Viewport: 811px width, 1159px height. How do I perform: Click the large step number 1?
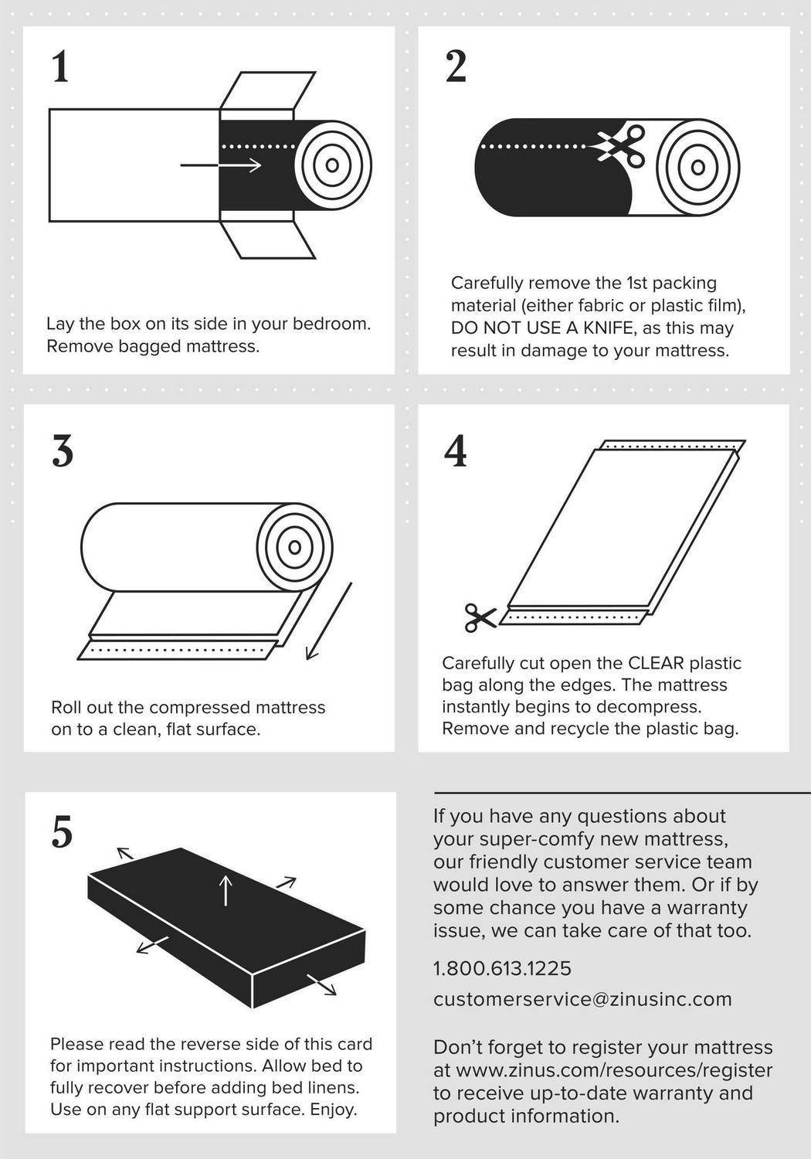click(x=61, y=66)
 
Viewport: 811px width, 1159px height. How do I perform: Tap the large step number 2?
click(x=456, y=66)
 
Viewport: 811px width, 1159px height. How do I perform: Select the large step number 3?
click(x=63, y=450)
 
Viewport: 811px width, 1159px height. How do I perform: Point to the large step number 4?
click(x=455, y=450)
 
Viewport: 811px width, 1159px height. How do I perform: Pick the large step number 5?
click(x=62, y=831)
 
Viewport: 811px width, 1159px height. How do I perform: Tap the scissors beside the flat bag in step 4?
click(x=480, y=618)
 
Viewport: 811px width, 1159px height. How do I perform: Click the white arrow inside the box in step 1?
click(x=221, y=165)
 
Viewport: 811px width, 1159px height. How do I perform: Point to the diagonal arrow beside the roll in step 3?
click(x=329, y=621)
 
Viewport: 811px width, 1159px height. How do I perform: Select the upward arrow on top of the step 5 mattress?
click(x=226, y=889)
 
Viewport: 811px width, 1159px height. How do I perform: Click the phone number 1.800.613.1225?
click(x=502, y=968)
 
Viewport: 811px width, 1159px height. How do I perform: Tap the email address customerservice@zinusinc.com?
click(x=582, y=998)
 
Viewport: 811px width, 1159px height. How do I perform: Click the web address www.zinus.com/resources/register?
click(x=615, y=1069)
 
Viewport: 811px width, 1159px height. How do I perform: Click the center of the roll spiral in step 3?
click(x=295, y=547)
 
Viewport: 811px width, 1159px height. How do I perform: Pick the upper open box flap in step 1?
click(x=267, y=90)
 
